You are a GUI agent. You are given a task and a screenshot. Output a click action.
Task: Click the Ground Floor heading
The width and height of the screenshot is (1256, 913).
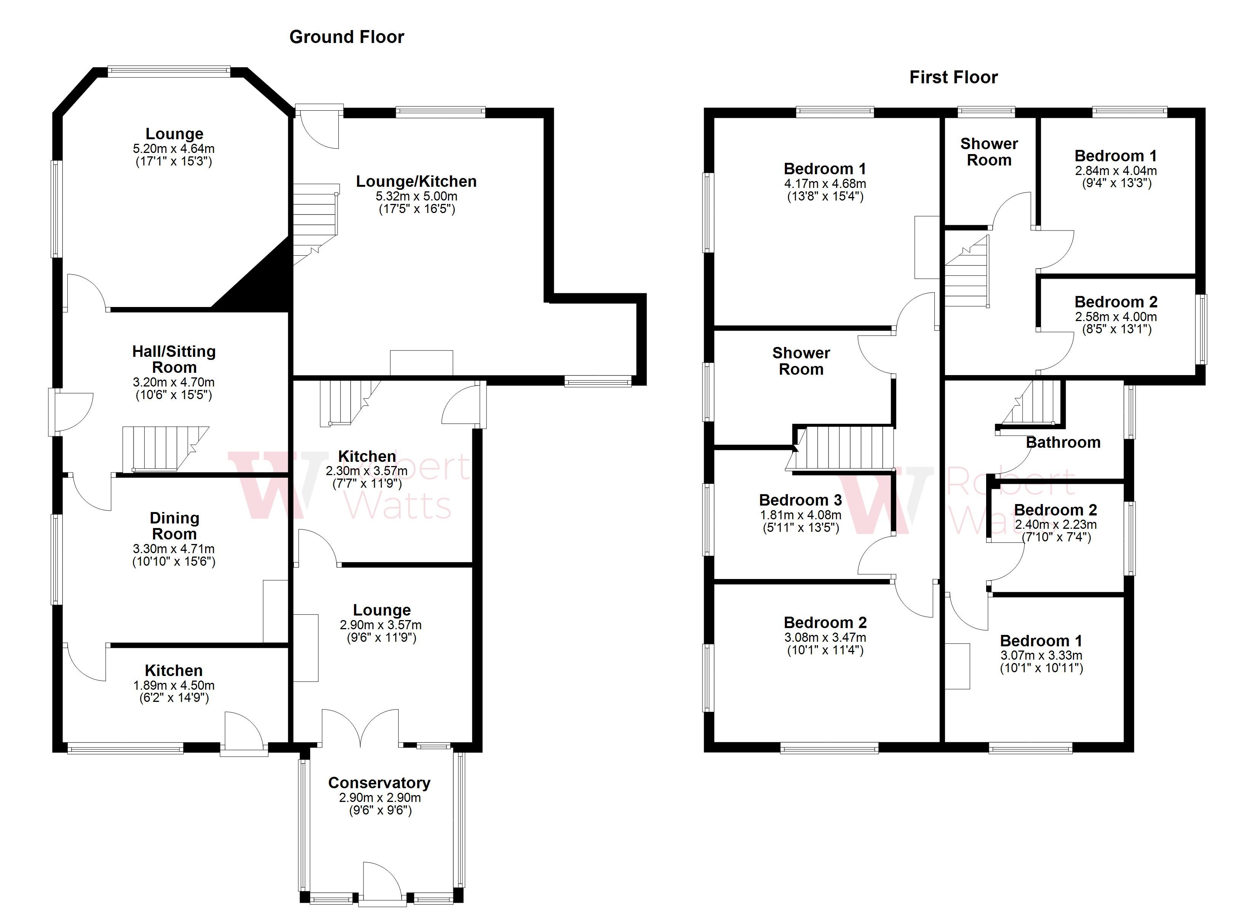(347, 37)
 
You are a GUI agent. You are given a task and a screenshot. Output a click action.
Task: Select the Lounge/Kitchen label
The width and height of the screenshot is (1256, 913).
(416, 181)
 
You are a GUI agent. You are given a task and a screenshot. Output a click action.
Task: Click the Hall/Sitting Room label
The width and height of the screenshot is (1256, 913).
(174, 359)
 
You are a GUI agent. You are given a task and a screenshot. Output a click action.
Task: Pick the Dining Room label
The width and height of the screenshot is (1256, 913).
(174, 526)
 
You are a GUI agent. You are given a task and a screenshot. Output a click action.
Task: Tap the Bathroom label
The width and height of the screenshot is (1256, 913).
(1063, 442)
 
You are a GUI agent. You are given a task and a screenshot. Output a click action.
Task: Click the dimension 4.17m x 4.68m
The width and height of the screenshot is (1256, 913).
(825, 184)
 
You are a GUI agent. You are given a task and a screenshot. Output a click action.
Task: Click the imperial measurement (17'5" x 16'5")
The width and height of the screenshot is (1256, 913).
(416, 209)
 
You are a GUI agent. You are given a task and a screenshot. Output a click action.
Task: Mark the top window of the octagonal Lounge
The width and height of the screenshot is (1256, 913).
(169, 70)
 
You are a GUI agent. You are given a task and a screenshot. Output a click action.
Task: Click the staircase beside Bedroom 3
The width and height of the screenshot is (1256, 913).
(842, 449)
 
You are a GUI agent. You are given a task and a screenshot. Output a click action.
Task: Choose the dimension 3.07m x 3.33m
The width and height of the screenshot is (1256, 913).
(1041, 655)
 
